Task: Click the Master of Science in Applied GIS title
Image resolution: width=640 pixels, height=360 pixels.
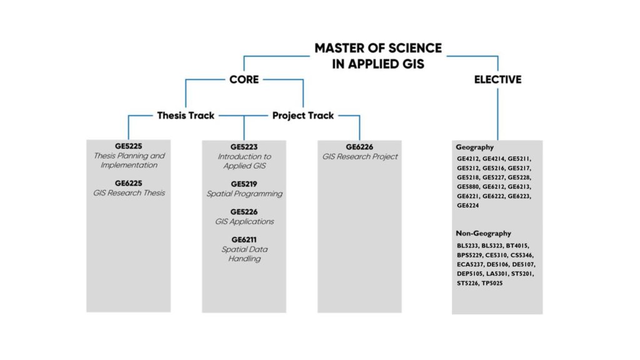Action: tap(377, 56)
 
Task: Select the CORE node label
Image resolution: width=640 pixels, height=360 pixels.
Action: tap(244, 79)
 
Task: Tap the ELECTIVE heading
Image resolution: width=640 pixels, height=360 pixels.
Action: tap(497, 79)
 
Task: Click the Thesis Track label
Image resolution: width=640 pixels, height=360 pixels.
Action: tap(186, 115)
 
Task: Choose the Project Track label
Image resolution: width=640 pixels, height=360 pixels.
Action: tap(303, 115)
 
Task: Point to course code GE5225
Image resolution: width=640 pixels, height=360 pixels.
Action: tap(128, 146)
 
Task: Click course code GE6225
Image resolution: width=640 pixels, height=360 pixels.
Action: tap(128, 183)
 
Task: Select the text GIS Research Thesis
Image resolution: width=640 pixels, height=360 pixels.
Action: tap(128, 193)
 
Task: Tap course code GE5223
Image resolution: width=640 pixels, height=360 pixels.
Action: tap(244, 147)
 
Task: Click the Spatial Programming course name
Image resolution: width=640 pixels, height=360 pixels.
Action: tap(244, 194)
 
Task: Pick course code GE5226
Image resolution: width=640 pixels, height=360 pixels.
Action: tap(244, 212)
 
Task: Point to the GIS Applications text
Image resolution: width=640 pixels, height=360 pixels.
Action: tap(244, 221)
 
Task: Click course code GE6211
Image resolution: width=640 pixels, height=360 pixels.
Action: tap(244, 239)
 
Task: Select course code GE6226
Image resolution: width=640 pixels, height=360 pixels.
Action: tap(360, 147)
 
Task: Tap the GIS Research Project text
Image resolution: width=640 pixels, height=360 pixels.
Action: tap(360, 156)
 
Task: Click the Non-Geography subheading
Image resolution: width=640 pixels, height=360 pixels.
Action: tap(483, 233)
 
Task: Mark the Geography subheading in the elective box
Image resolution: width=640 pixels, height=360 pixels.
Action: tap(475, 147)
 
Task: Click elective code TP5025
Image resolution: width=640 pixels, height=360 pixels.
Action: tap(492, 283)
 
